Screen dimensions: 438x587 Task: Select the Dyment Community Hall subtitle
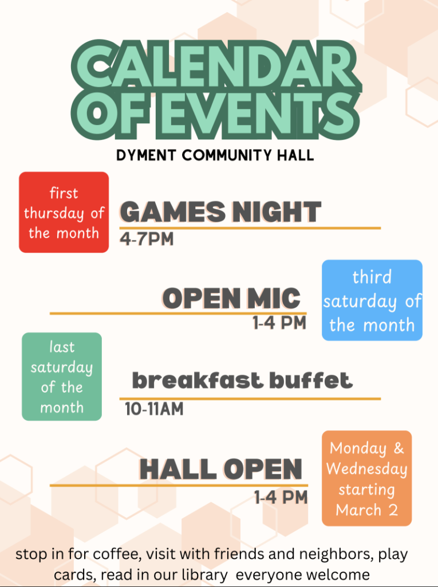[x=215, y=155]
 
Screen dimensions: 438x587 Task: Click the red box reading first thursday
[x=64, y=212]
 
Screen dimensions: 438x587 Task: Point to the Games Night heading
[x=220, y=212]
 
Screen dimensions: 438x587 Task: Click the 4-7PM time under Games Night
[x=147, y=239]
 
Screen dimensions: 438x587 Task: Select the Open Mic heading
[x=231, y=298]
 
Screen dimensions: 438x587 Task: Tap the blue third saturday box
[x=372, y=300]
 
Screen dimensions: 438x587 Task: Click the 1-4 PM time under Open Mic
[x=279, y=323]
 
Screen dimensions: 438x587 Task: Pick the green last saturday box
[x=62, y=377]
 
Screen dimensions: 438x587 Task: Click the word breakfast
[x=198, y=381]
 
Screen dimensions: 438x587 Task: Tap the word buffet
[x=311, y=381]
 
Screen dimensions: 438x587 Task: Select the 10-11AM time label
[x=154, y=409]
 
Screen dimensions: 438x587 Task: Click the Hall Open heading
[x=220, y=469]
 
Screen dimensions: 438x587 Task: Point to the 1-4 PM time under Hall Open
[x=281, y=498]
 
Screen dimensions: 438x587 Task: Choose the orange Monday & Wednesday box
[x=367, y=479]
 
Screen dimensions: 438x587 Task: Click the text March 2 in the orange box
[x=366, y=510]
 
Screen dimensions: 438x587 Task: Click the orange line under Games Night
[x=250, y=228]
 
